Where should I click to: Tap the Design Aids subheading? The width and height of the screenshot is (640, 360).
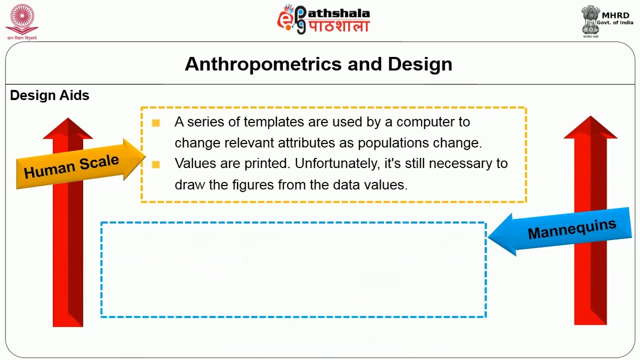click(49, 95)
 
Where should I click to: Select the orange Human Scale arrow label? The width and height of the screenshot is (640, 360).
click(71, 166)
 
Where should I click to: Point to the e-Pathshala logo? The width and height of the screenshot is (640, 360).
click(323, 19)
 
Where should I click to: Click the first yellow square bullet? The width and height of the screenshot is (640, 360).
click(156, 123)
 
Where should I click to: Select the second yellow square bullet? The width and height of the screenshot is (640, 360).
click(156, 164)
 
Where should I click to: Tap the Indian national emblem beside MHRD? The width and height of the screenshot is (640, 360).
click(590, 20)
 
